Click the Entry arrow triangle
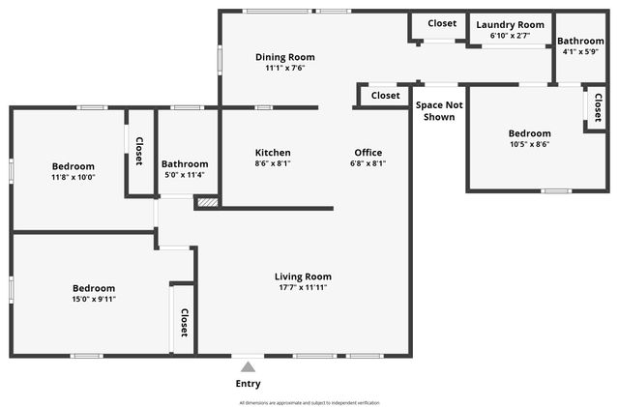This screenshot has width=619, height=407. pyautogui.click(x=248, y=367)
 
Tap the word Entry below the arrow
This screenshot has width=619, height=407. pyautogui.click(x=248, y=384)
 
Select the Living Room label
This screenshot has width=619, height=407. pyautogui.click(x=303, y=276)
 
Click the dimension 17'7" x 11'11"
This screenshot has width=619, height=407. pyautogui.click(x=303, y=287)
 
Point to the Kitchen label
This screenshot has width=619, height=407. pyautogui.click(x=273, y=153)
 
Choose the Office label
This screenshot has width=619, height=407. pyautogui.click(x=368, y=153)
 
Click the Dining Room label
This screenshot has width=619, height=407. pyautogui.click(x=284, y=57)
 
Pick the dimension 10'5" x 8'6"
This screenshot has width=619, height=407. pyautogui.click(x=529, y=144)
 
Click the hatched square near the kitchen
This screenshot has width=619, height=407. pyautogui.click(x=207, y=203)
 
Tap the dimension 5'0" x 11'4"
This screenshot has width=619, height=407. pyautogui.click(x=185, y=175)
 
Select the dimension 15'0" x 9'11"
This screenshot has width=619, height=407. pyautogui.click(x=94, y=299)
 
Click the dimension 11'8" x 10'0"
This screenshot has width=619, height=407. pyautogui.click(x=74, y=177)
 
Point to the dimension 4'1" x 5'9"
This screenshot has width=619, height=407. pyautogui.click(x=580, y=51)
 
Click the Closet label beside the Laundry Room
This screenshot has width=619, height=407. pyautogui.click(x=442, y=23)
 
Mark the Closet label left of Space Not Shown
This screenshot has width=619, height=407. pyautogui.click(x=385, y=96)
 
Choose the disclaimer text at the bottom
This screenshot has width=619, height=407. pyautogui.click(x=309, y=402)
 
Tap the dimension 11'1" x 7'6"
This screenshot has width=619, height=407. pyautogui.click(x=284, y=68)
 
